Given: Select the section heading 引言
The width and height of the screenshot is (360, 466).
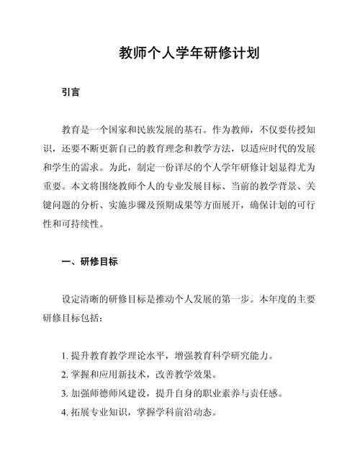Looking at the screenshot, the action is pyautogui.click(x=71, y=93).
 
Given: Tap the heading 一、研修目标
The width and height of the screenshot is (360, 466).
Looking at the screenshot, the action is pyautogui.click(x=86, y=263).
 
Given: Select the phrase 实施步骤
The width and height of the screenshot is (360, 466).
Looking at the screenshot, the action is pyautogui.click(x=138, y=205).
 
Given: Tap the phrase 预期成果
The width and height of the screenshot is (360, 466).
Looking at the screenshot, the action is pyautogui.click(x=183, y=205).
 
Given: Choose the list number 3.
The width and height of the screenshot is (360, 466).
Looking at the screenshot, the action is pyautogui.click(x=65, y=394).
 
